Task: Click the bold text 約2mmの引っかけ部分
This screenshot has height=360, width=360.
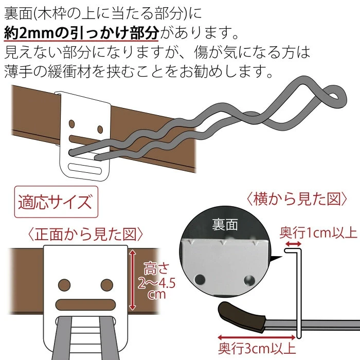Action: pos(81,32)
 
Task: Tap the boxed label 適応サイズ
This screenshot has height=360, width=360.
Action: pos(56,202)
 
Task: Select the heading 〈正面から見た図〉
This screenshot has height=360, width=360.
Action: pos(85,235)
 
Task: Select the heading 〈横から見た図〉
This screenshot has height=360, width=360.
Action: pos(297,199)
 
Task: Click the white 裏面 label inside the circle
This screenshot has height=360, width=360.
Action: pos(225,224)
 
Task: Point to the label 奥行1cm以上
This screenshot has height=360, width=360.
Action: pos(318,233)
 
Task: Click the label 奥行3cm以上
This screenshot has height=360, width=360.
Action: pos(257,349)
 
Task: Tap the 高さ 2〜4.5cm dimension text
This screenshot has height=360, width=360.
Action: pos(156,281)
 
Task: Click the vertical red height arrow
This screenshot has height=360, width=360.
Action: pos(133,280)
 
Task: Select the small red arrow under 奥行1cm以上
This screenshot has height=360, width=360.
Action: pos(293,244)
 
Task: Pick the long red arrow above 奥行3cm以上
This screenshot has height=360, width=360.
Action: pos(257,337)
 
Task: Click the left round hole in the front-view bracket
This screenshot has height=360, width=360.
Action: pos(64,285)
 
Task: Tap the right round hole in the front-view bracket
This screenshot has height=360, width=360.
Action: pos(107,285)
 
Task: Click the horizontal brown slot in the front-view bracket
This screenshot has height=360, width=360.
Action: pos(86,304)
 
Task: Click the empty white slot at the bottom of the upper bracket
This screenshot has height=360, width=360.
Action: pos(85,169)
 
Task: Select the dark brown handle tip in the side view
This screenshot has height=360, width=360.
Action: pos(242,317)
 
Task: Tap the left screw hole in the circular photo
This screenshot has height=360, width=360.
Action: pos(200,279)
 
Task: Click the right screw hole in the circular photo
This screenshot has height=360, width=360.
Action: pos(249,280)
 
